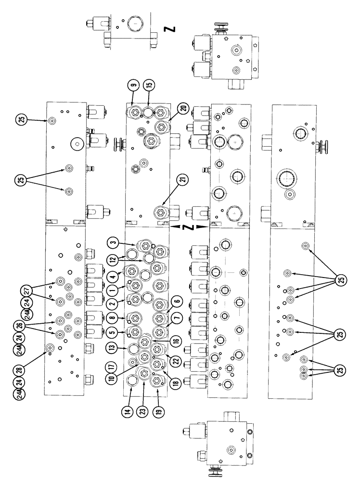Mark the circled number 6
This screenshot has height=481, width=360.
[x=177, y=301]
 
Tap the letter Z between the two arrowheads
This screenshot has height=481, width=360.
[x=189, y=226]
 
